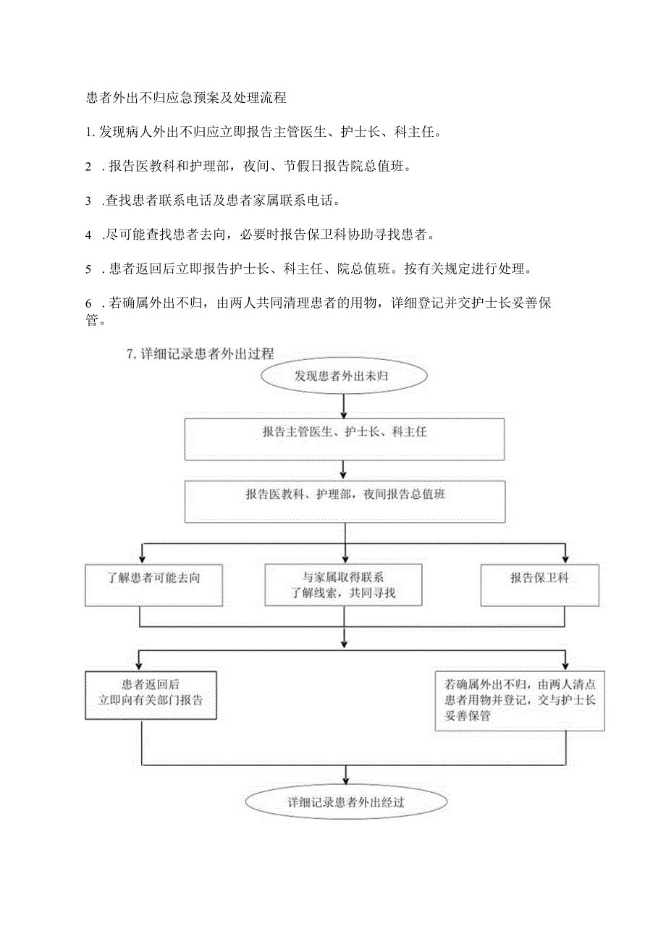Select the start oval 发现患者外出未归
tap(345, 376)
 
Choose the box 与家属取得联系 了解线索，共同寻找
tap(343, 585)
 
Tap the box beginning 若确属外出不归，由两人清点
tap(520, 699)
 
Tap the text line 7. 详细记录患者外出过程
tap(201, 354)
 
